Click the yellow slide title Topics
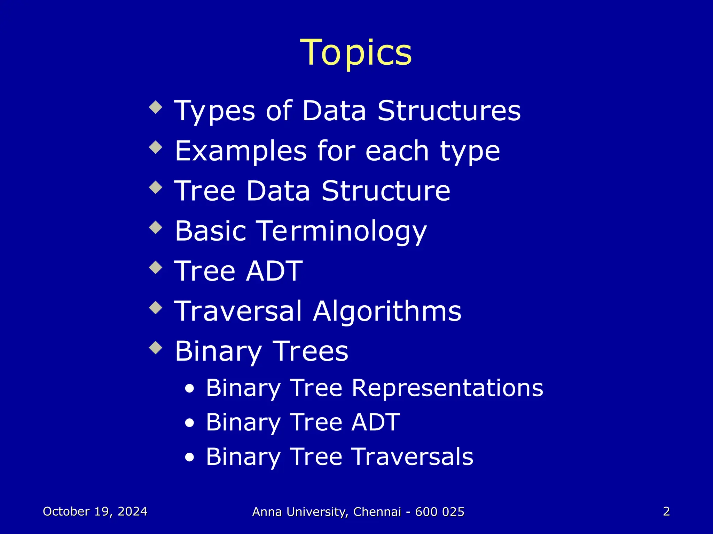356,53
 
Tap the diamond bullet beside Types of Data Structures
156,107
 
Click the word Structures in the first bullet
449,111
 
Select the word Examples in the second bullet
241,151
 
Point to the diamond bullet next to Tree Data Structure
156,188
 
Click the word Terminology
342,232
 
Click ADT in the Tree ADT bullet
274,271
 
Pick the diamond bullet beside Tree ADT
156,268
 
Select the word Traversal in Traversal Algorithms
238,311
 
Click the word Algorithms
387,311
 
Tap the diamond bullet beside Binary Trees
156,348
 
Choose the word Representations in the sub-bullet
447,388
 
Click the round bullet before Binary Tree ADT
189,423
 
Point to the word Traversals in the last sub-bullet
413,456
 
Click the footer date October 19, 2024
95,511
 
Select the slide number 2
666,511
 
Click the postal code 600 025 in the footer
440,512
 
